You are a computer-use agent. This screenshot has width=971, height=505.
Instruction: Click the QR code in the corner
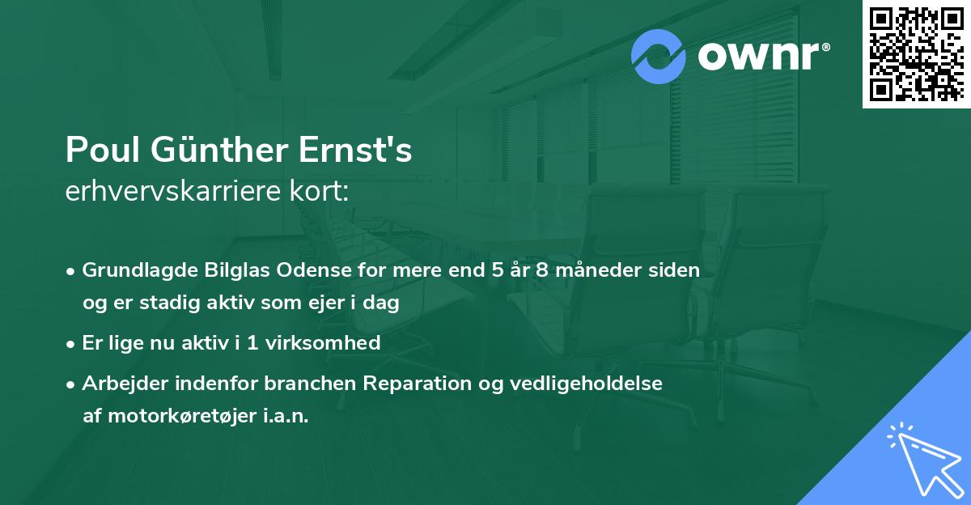coord(916,54)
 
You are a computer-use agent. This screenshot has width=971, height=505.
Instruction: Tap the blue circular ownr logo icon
coord(659,57)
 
